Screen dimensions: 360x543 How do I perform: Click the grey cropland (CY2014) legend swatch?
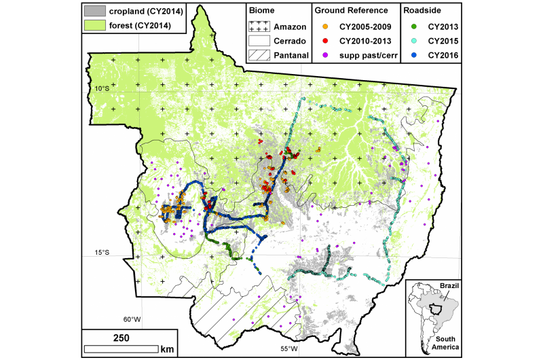pyautogui.click(x=94, y=12)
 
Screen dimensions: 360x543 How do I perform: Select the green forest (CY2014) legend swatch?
pyautogui.click(x=94, y=26)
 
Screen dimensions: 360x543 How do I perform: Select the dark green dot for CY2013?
pyautogui.click(x=413, y=26)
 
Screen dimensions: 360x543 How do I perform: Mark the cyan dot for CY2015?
pyautogui.click(x=413, y=40)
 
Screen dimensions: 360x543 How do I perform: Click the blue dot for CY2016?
pyautogui.click(x=413, y=54)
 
